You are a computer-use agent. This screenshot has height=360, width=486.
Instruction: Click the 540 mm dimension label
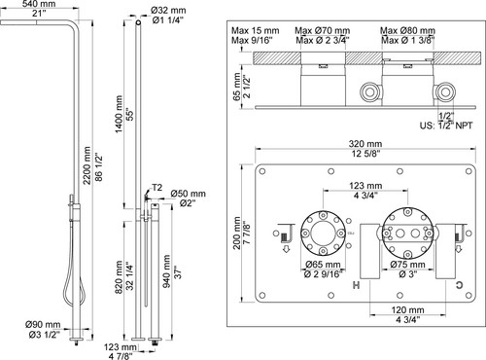click(x=39, y=4)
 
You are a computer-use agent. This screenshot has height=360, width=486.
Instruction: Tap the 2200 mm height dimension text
click(x=87, y=165)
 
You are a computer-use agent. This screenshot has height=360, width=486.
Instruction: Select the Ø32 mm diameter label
click(x=168, y=11)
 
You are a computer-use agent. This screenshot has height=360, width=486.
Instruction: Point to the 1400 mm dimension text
click(x=119, y=114)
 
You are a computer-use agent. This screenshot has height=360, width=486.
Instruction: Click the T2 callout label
click(x=157, y=188)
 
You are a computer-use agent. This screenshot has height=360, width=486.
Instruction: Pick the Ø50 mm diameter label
click(x=189, y=194)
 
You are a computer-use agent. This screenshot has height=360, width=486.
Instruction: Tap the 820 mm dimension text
click(x=119, y=277)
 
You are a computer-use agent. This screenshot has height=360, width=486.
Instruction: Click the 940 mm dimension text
click(x=166, y=271)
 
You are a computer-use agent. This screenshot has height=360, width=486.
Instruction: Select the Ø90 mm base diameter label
click(x=43, y=324)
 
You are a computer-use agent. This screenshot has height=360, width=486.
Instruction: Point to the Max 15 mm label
click(x=256, y=31)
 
